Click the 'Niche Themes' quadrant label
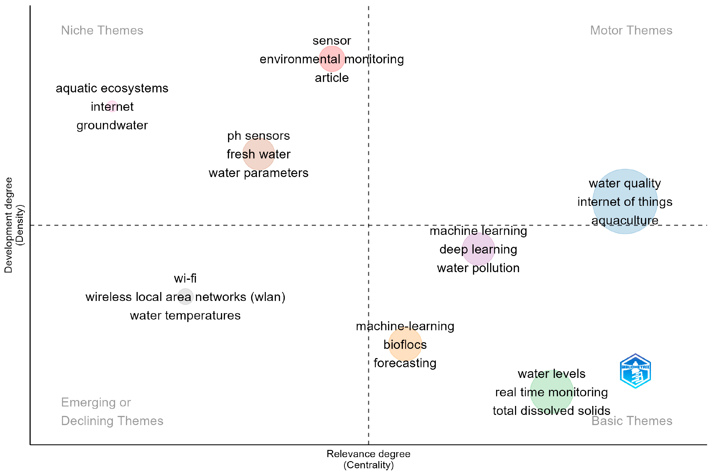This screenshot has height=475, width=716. (x=102, y=30)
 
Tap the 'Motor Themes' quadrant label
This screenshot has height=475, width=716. (x=631, y=30)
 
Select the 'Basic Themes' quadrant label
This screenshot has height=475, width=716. (x=632, y=421)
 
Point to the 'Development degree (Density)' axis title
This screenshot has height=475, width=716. (x=14, y=225)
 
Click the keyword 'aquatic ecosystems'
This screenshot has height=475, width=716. (x=112, y=88)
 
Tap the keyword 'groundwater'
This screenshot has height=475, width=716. (x=112, y=125)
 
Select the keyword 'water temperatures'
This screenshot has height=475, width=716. (x=185, y=316)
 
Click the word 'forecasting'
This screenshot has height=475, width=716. (x=405, y=363)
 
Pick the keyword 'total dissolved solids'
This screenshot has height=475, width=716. (x=551, y=411)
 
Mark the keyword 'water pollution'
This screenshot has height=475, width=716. (x=478, y=268)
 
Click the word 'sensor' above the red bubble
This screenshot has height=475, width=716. (x=332, y=40)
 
